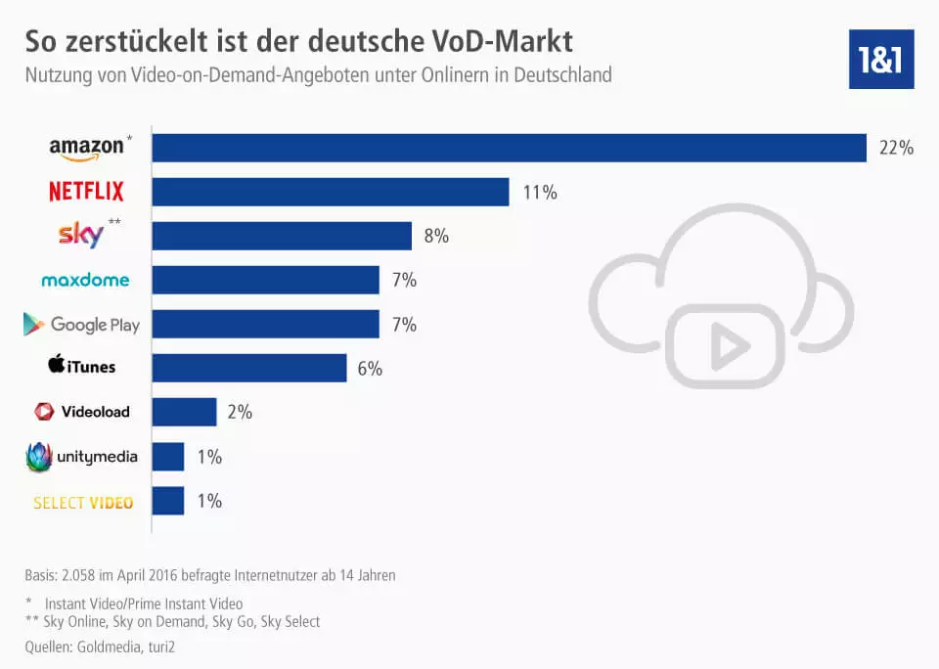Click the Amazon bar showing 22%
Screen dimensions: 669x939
tap(509, 148)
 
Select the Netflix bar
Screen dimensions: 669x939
tap(331, 192)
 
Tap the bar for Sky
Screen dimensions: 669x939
tap(282, 236)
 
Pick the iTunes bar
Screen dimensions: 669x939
tap(249, 368)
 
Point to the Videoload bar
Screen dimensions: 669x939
tap(184, 412)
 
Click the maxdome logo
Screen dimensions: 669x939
tap(85, 281)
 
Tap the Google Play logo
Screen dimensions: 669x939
tap(82, 325)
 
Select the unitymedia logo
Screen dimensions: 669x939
tap(82, 456)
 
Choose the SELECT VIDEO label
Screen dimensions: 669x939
tap(83, 503)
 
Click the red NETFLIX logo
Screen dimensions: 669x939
tap(86, 192)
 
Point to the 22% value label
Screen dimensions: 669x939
tap(896, 149)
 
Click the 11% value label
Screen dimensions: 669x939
tap(540, 193)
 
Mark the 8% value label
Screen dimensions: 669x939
tap(436, 237)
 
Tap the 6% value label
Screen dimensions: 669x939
tap(370, 369)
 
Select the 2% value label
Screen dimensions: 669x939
tap(240, 413)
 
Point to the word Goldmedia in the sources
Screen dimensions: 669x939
tap(115, 647)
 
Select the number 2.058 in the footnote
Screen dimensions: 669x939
tap(83, 575)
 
